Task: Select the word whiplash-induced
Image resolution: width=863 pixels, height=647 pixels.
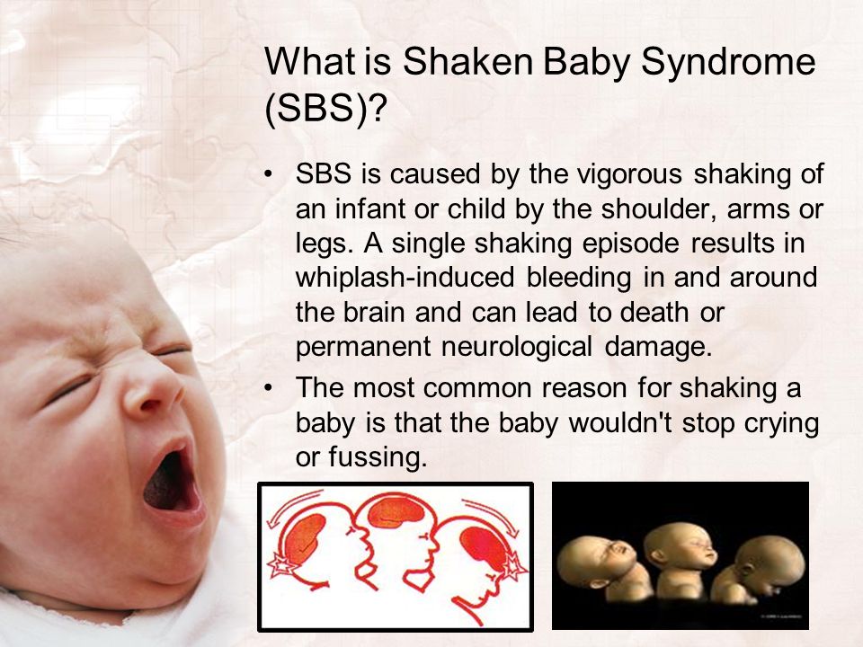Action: [x=405, y=278]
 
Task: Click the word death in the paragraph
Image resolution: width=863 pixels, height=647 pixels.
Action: [x=654, y=312]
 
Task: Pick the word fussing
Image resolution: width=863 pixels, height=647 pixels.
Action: [x=378, y=457]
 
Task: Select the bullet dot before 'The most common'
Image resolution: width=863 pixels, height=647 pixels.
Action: [x=269, y=389]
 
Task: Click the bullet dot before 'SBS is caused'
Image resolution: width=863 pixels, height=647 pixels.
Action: [x=269, y=175]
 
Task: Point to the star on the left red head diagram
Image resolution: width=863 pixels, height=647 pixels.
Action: [x=282, y=564]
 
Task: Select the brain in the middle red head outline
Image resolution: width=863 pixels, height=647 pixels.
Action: [x=396, y=512]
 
